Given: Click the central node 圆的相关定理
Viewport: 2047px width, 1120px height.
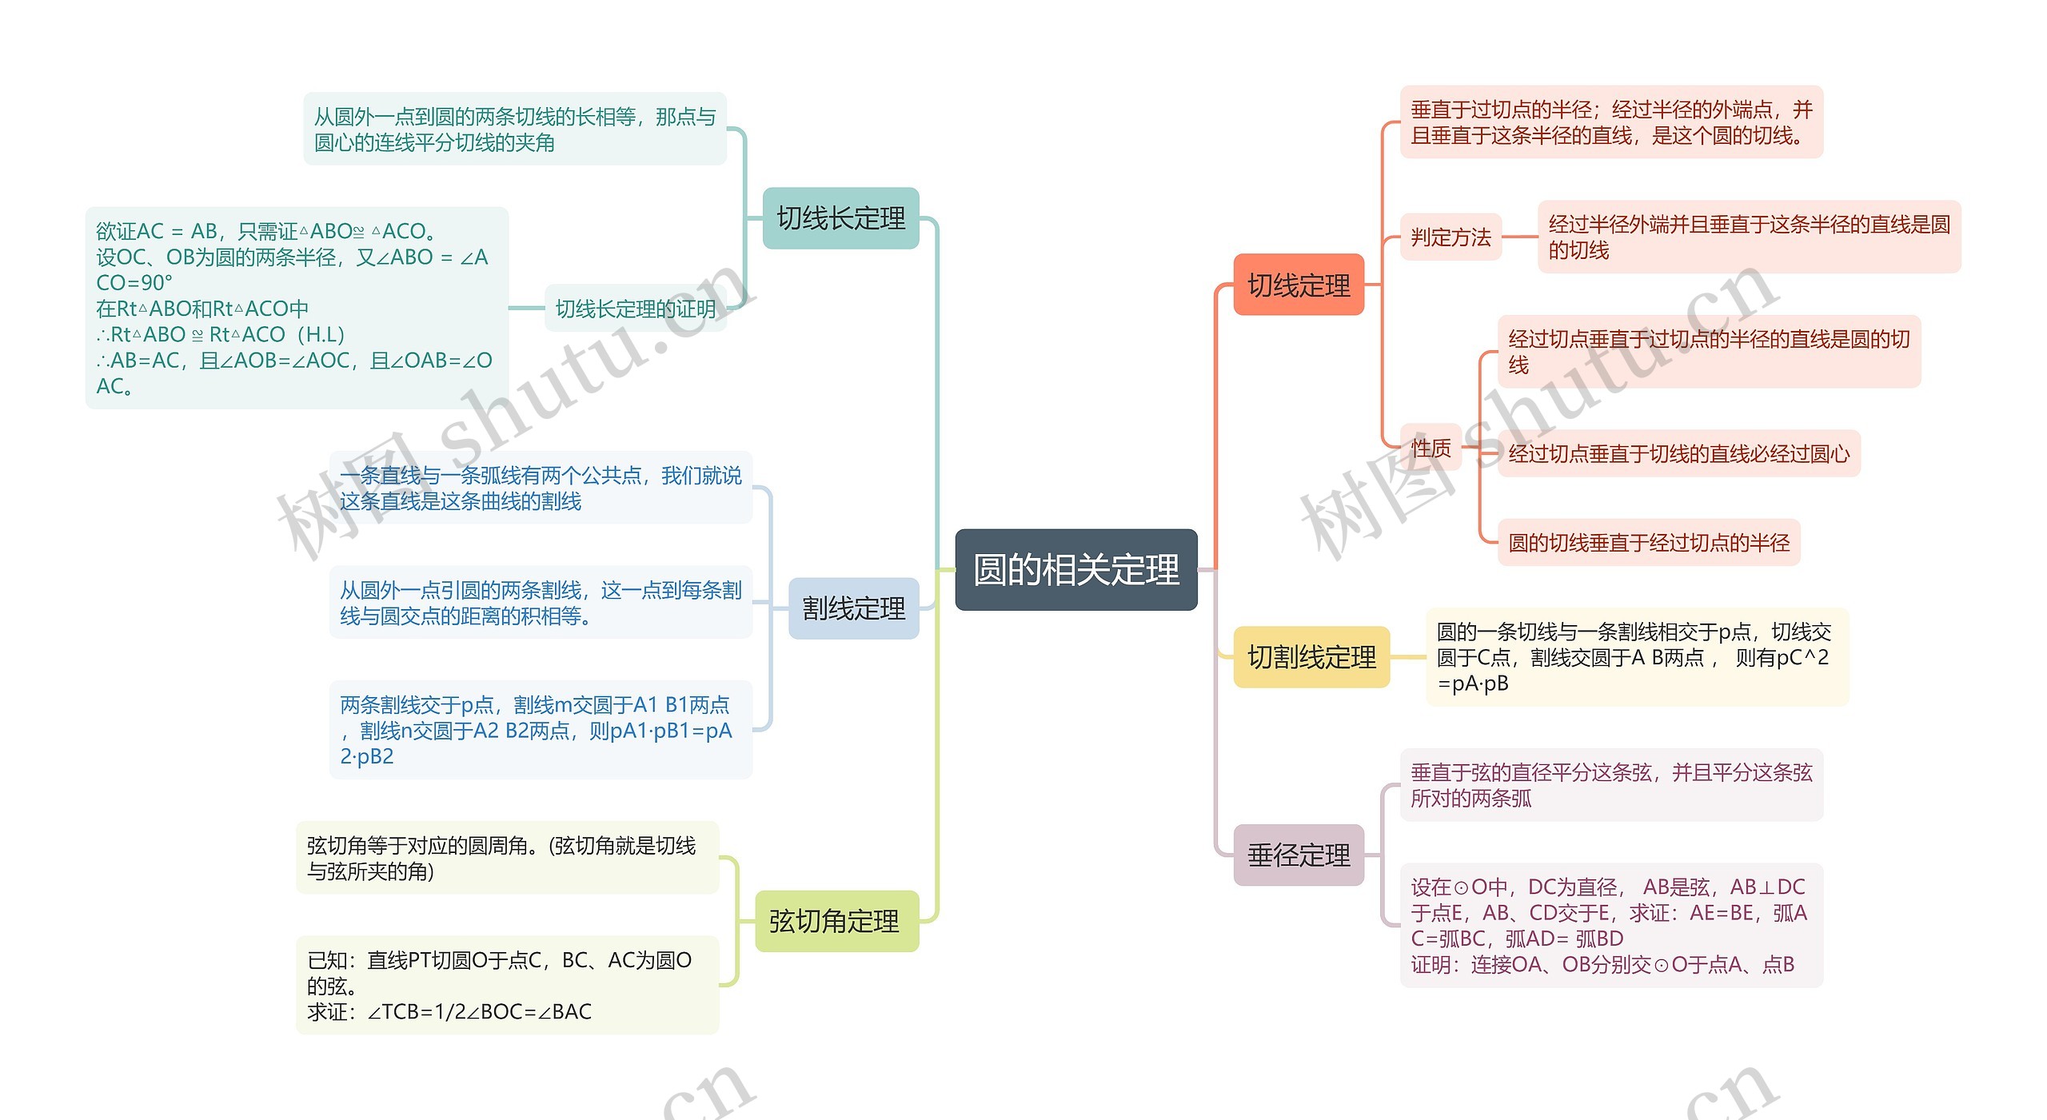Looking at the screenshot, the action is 1075,569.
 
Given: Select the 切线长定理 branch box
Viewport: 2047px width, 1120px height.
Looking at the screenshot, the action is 840,217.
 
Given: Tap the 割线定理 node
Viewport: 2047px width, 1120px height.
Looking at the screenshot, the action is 853,608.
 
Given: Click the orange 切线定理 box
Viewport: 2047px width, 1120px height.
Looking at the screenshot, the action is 1298,285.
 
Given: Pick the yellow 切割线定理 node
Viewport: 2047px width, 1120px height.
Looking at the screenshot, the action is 1311,657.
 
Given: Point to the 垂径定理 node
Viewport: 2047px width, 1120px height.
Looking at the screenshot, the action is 1299,855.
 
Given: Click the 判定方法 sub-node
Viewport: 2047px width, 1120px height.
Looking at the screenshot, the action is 1450,237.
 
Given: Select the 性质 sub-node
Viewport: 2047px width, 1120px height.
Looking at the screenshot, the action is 1431,448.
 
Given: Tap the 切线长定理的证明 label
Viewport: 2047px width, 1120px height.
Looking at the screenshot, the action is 636,309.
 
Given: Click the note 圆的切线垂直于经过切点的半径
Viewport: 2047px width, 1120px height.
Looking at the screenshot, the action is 1648,543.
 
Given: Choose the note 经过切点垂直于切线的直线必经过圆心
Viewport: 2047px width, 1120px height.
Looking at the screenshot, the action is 1678,453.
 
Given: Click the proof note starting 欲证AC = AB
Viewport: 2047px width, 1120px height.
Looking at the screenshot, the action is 296,308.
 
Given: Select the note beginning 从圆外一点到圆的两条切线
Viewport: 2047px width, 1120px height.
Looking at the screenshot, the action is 514,129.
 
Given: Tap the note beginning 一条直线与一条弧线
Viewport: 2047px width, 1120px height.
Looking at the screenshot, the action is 541,488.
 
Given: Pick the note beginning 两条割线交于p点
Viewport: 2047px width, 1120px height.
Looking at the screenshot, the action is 541,729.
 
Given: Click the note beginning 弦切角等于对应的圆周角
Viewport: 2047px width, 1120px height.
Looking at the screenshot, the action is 507,858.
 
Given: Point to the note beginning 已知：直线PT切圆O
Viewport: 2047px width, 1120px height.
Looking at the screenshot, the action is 507,985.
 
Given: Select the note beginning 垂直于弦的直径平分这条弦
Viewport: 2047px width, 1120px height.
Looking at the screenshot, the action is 1610,784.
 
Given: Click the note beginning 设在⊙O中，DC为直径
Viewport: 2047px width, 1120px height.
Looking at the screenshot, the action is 1610,925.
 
